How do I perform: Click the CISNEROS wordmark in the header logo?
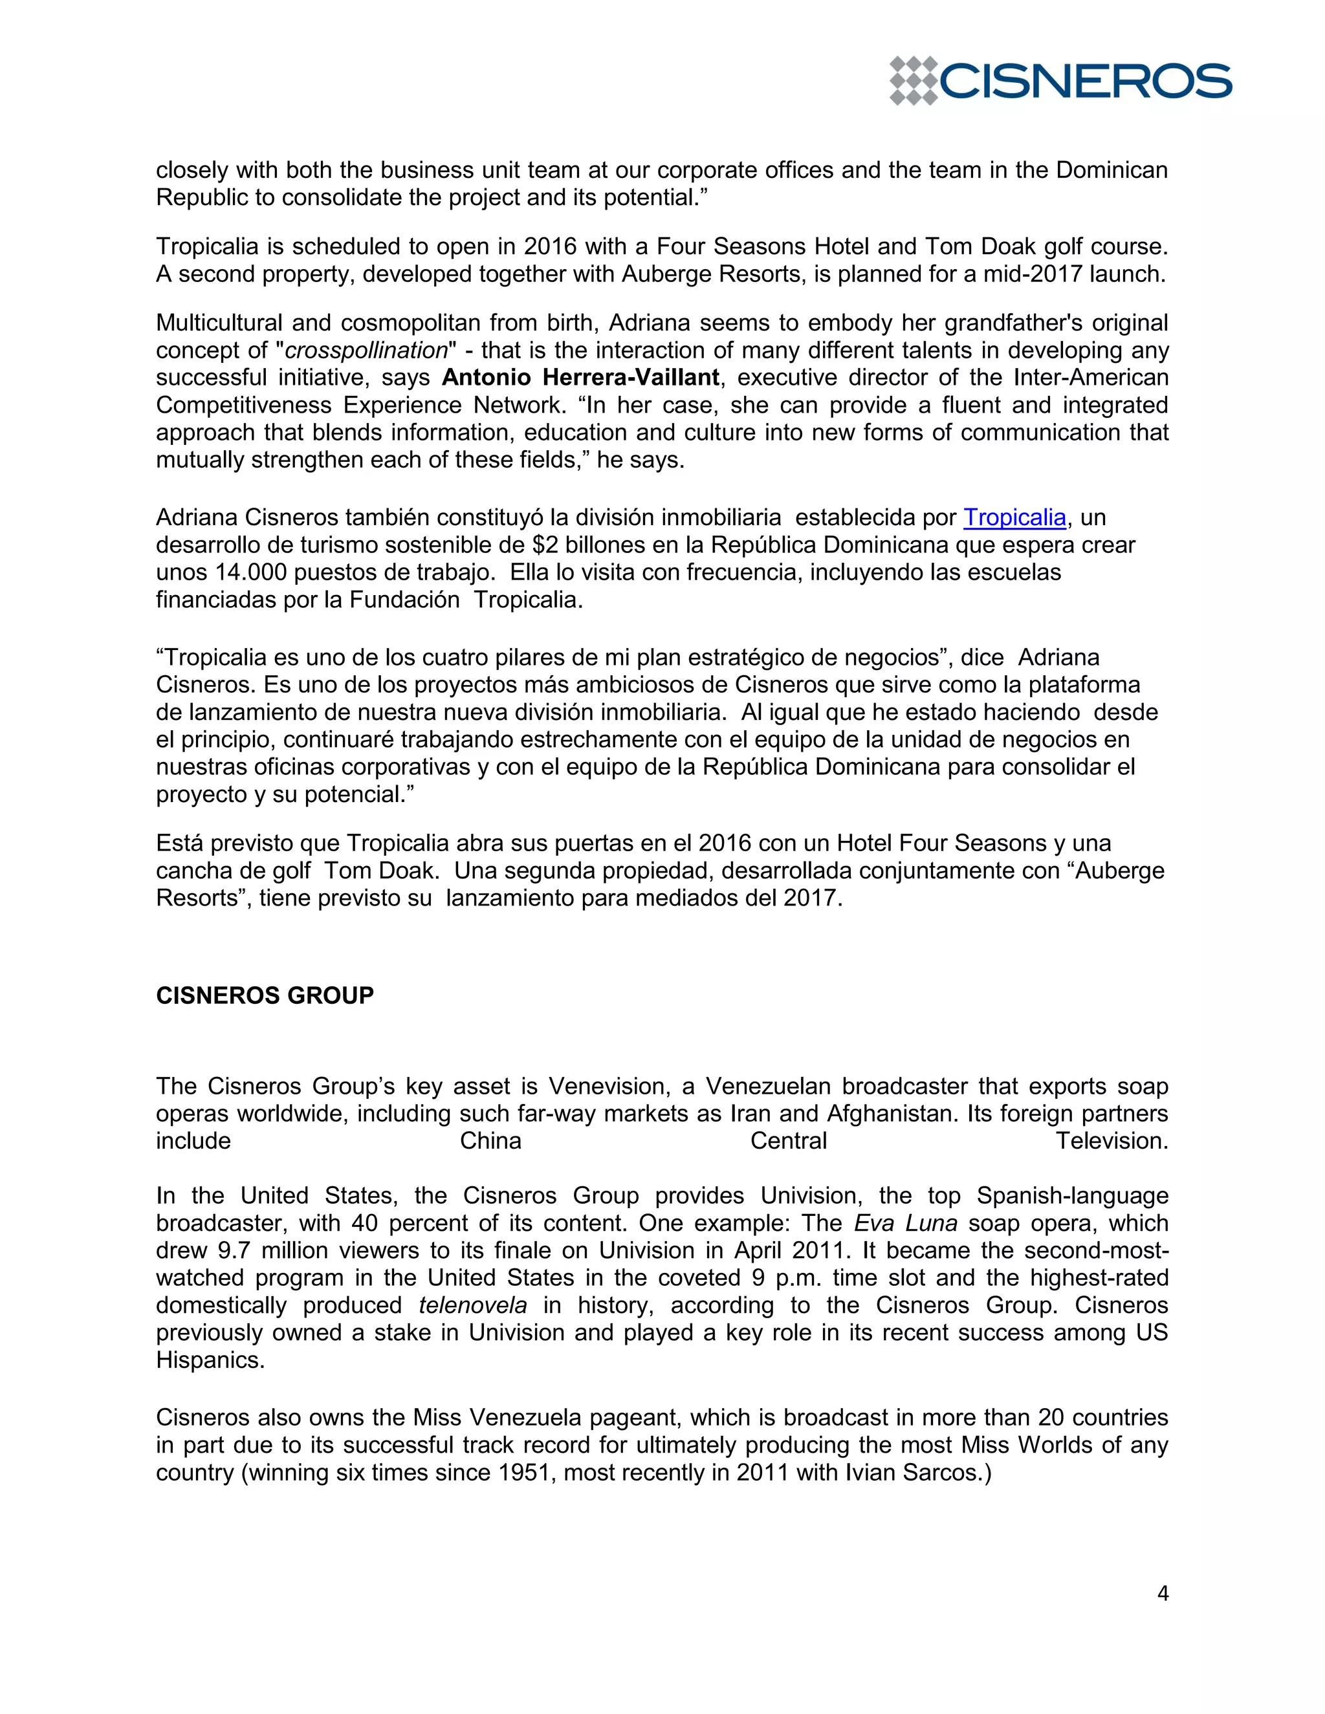(x=1085, y=81)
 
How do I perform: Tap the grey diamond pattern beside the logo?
(x=913, y=81)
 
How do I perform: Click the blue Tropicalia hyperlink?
(x=1014, y=517)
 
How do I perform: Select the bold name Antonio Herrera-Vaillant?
(x=580, y=378)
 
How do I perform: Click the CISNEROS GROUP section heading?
(x=265, y=995)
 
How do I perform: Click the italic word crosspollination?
(x=366, y=350)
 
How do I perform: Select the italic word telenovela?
(x=472, y=1305)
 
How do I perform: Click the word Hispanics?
(x=210, y=1360)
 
